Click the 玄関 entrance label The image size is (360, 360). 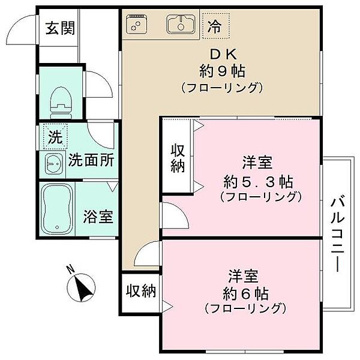coord(59,28)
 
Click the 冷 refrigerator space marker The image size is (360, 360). coord(213,26)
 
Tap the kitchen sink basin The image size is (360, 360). coord(179,25)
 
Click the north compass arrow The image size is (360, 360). coord(82,288)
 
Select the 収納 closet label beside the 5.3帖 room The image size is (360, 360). coord(178,158)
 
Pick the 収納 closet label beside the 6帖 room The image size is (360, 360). coord(141,292)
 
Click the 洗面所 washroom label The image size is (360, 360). coord(91,160)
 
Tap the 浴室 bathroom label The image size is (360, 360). coord(98,217)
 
